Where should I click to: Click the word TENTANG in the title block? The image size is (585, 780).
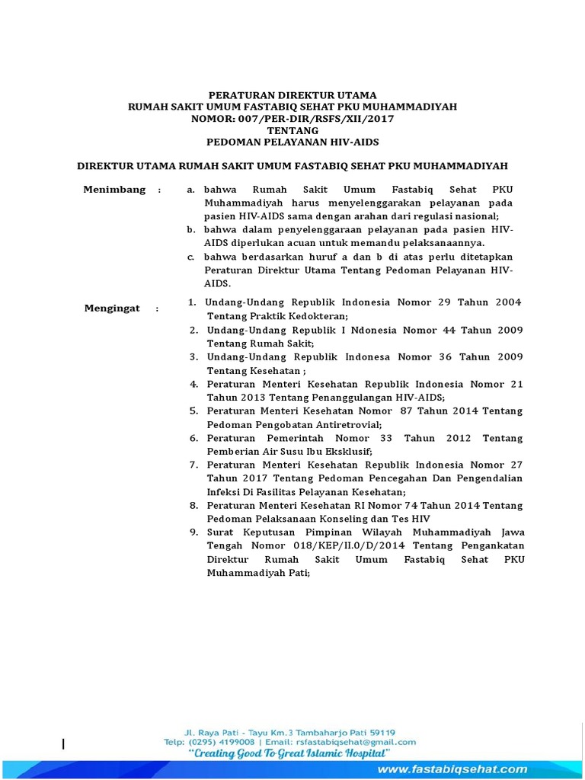pyautogui.click(x=292, y=130)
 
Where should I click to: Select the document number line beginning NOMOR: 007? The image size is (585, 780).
pyautogui.click(x=292, y=119)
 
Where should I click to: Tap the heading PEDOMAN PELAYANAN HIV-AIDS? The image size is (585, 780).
pyautogui.click(x=292, y=142)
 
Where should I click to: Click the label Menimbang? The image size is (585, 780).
pyautogui.click(x=114, y=190)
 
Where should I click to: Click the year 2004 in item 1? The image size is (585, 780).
pyautogui.click(x=508, y=302)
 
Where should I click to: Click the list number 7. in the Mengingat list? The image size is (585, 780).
pyautogui.click(x=194, y=464)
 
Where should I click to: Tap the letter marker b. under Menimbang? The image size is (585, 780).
pyautogui.click(x=191, y=229)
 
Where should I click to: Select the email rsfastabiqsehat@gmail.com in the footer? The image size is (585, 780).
pyautogui.click(x=356, y=741)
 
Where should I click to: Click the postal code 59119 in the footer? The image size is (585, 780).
pyautogui.click(x=380, y=730)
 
